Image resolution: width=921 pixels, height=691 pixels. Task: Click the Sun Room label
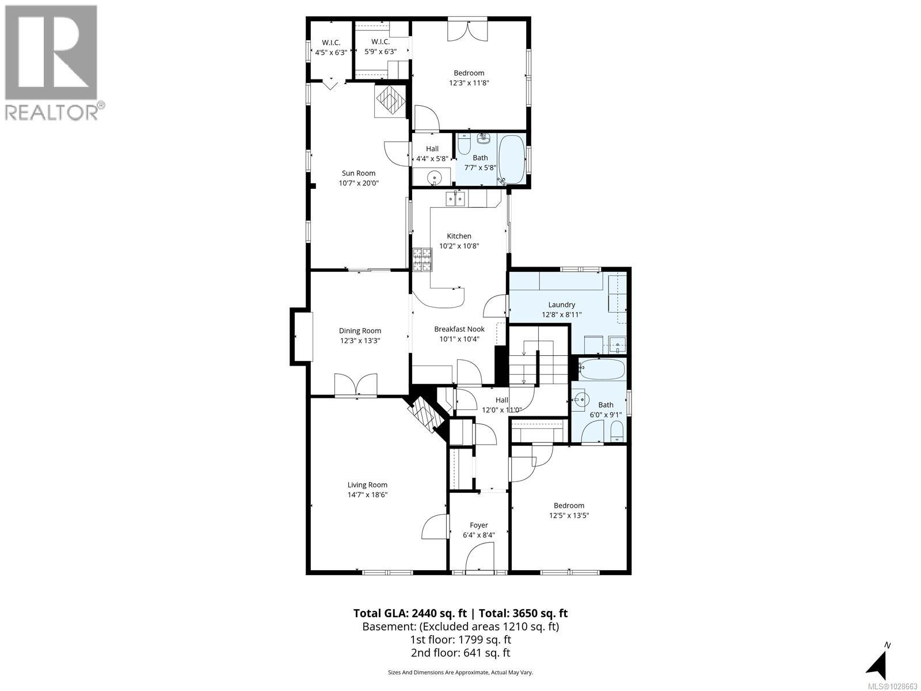coord(359,173)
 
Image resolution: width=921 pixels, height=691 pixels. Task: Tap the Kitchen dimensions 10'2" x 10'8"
coord(459,246)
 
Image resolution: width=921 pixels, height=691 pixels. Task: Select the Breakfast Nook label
coord(459,329)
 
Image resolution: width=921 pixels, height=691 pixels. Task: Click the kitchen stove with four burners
coord(421,259)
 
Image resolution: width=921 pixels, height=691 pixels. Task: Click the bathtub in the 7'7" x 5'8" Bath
coord(511,160)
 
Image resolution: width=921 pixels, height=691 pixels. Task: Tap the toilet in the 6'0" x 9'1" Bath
coord(616,431)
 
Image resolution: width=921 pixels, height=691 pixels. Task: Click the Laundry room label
coord(561,305)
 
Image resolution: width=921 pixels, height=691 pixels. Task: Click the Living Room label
coord(367,485)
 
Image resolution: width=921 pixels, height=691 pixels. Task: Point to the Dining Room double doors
coord(356,385)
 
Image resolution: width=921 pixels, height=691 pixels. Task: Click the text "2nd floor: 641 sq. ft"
coord(460,653)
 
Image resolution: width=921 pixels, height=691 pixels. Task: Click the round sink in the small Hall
coord(433,178)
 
